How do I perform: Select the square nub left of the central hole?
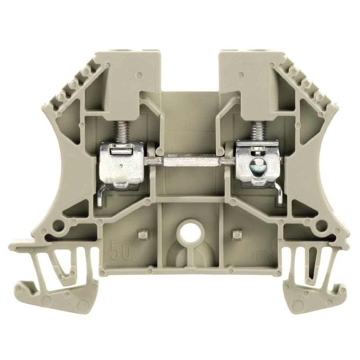[143, 234]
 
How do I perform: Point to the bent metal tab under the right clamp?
[280, 196]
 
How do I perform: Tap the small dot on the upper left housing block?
[139, 75]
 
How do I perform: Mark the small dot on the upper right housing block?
[242, 75]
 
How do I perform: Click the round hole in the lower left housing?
[58, 225]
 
